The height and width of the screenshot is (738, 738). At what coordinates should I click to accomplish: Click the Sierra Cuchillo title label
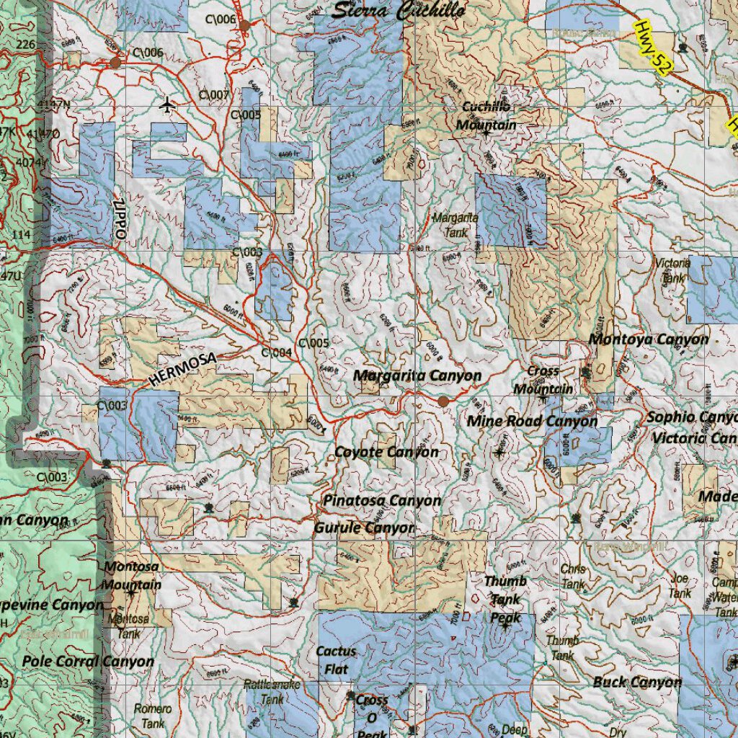point(399,10)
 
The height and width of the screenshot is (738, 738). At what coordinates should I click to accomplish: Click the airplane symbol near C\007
point(168,105)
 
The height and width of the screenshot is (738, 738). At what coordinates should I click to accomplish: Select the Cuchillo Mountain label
point(486,115)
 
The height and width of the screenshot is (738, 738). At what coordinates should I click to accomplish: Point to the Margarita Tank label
point(455,224)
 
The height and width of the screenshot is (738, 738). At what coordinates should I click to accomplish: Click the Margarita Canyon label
point(417,375)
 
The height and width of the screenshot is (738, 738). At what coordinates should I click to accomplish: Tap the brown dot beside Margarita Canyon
point(443,401)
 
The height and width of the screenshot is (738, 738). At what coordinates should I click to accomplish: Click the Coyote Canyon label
point(386,452)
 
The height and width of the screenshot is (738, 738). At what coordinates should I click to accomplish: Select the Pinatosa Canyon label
point(382,500)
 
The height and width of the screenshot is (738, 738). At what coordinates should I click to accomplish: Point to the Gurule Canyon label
point(364,528)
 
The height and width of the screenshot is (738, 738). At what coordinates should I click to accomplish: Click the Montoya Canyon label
point(648,339)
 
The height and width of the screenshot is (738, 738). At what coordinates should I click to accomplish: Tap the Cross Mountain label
point(543,380)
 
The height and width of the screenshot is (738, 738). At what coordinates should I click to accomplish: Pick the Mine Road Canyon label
point(532,421)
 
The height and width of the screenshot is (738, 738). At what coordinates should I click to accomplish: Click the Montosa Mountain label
point(132,576)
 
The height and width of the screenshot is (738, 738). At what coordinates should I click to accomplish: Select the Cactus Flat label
point(336,659)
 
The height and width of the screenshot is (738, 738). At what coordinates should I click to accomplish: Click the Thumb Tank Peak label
point(505,599)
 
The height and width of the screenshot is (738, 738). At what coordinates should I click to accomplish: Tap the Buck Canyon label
point(637,681)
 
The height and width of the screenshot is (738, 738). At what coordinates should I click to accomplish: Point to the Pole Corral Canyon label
point(88,661)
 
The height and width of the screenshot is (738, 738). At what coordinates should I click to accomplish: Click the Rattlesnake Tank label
point(272,691)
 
